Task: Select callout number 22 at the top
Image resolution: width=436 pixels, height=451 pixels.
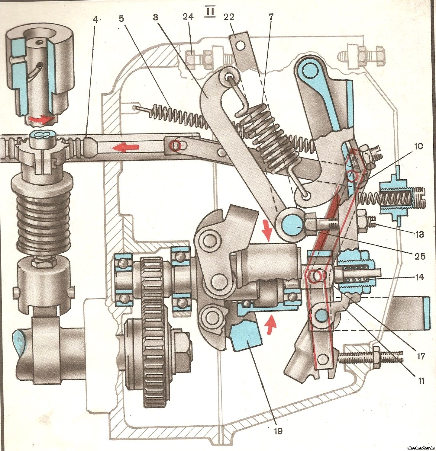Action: [229, 17]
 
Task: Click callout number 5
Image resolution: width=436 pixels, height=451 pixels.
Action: [121, 19]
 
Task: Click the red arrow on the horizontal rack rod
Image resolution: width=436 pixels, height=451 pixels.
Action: [125, 147]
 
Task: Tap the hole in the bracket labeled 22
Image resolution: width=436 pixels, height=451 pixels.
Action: [241, 45]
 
